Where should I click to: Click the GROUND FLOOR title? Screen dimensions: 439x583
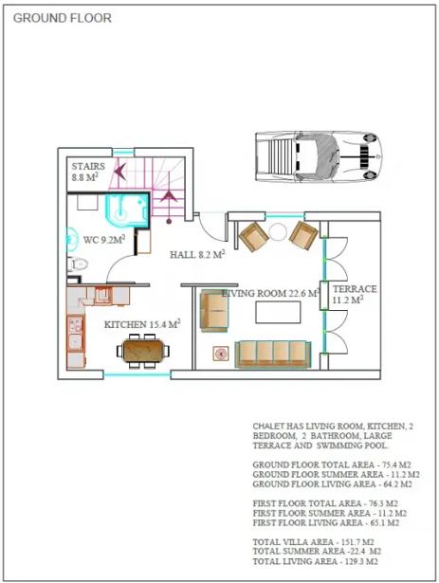[x=63, y=18]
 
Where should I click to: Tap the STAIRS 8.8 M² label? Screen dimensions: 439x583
[x=88, y=172]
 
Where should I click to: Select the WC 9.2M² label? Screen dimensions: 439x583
[x=104, y=240]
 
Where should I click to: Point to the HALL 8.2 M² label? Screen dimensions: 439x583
[x=197, y=254]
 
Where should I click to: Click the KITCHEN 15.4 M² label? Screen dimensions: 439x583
[x=142, y=324]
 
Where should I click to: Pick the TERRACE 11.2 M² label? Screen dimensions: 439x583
[x=355, y=294]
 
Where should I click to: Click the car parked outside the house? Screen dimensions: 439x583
[x=319, y=156]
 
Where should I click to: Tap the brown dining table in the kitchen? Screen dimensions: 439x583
[x=143, y=351]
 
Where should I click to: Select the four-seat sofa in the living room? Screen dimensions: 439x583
[x=273, y=355]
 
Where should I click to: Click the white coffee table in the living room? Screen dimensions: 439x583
[x=278, y=312]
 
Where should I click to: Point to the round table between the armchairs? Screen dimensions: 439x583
[x=278, y=232]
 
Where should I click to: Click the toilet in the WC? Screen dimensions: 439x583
[x=78, y=264]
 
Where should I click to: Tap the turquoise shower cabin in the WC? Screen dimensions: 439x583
[x=127, y=210]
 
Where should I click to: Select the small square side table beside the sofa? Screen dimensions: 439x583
[x=221, y=354]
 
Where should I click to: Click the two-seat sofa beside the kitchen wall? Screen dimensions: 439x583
[x=213, y=311]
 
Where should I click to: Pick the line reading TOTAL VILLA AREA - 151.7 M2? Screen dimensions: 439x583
[x=313, y=542]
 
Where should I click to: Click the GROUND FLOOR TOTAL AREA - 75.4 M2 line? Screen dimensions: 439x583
[x=332, y=465]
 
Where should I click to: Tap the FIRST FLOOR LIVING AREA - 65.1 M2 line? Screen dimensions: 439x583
[x=326, y=522]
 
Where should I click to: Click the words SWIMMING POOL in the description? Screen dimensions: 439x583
[x=353, y=446]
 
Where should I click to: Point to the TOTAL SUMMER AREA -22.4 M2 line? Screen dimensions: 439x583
[x=317, y=551]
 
